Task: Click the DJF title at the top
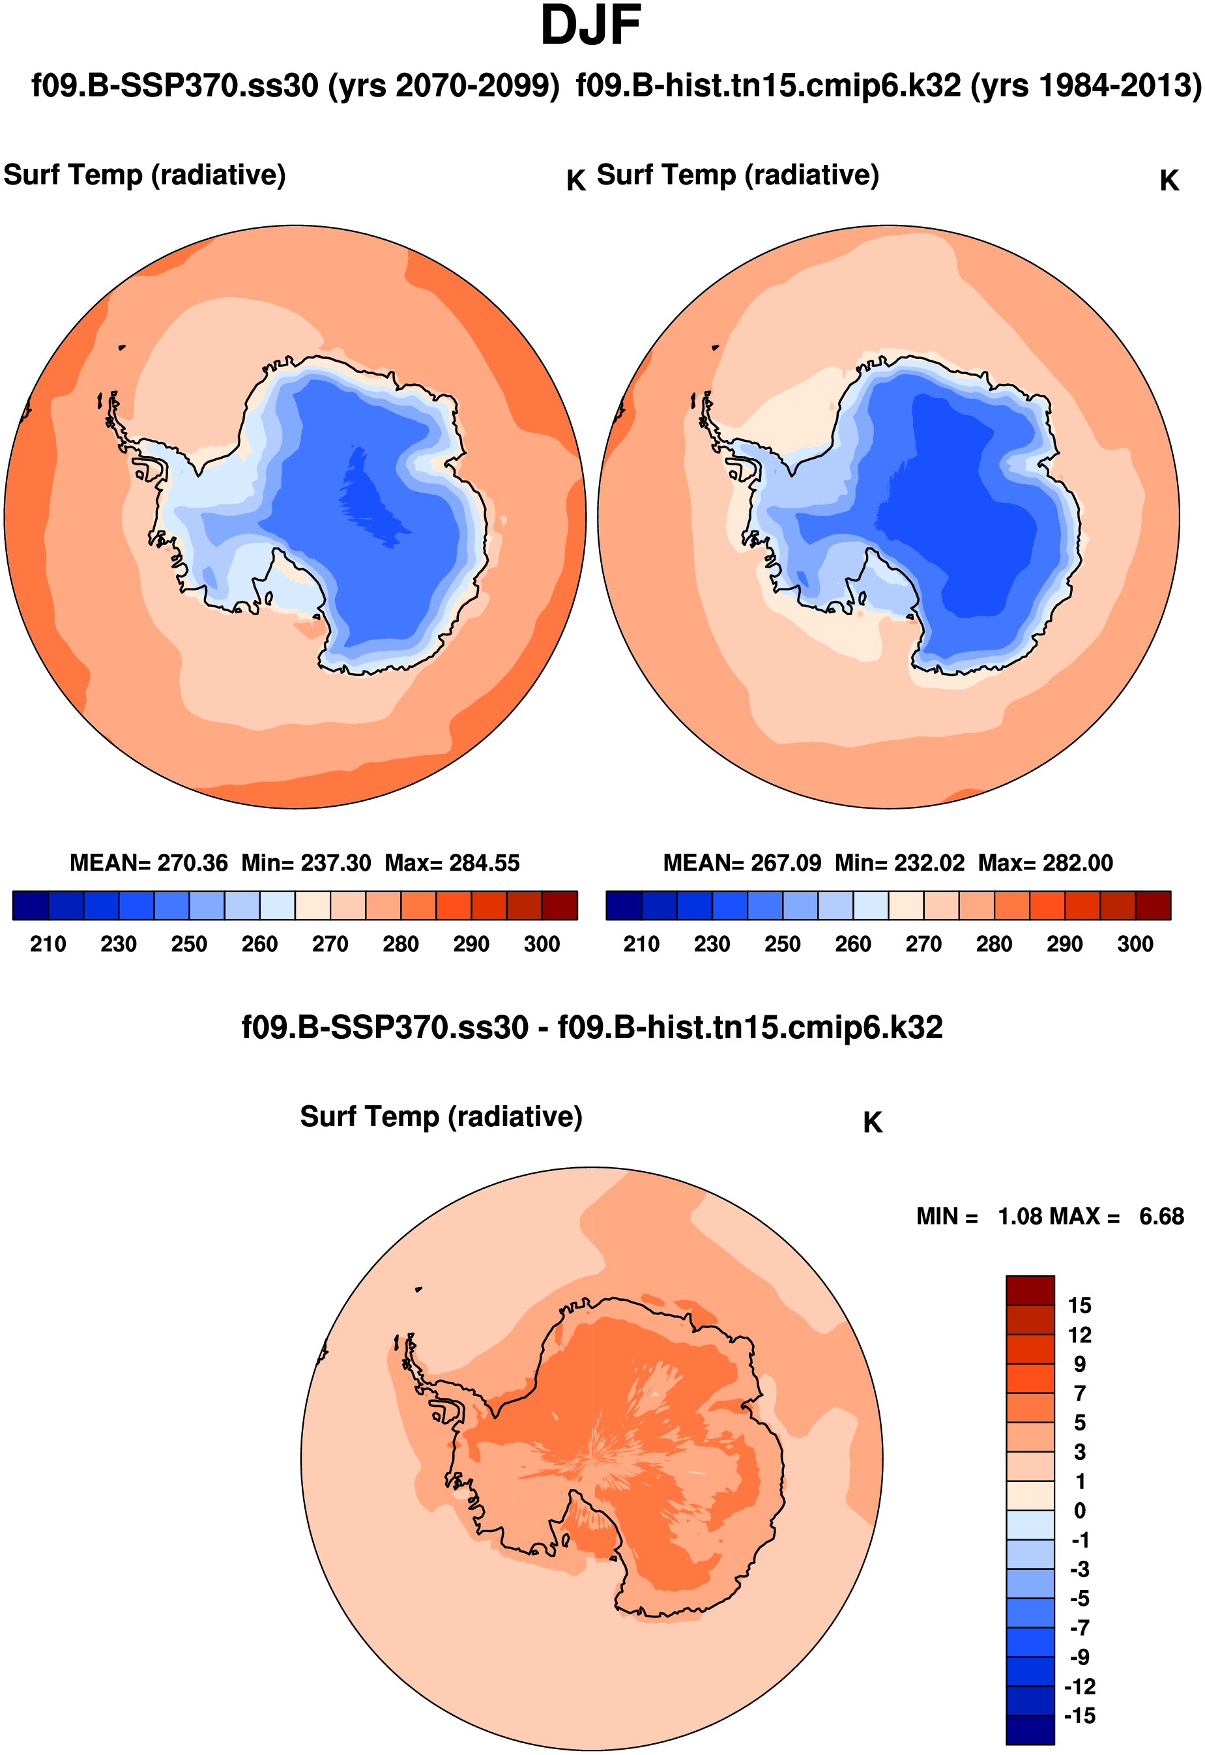(x=590, y=27)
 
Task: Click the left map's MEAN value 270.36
(x=192, y=862)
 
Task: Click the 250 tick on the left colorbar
(x=189, y=944)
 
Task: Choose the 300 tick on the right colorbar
(x=1135, y=944)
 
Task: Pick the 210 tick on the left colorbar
(x=48, y=944)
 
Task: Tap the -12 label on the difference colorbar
(x=1079, y=1687)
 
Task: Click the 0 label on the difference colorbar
(x=1080, y=1511)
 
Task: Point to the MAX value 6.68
(x=1161, y=1217)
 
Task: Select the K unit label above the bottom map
(x=872, y=1123)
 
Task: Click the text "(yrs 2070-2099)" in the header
(x=444, y=85)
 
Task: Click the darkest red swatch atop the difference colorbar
(x=1030, y=1290)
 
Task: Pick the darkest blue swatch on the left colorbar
(x=30, y=905)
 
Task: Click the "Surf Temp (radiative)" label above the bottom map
(x=441, y=1117)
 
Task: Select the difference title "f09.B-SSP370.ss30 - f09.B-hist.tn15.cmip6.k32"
(x=592, y=1028)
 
